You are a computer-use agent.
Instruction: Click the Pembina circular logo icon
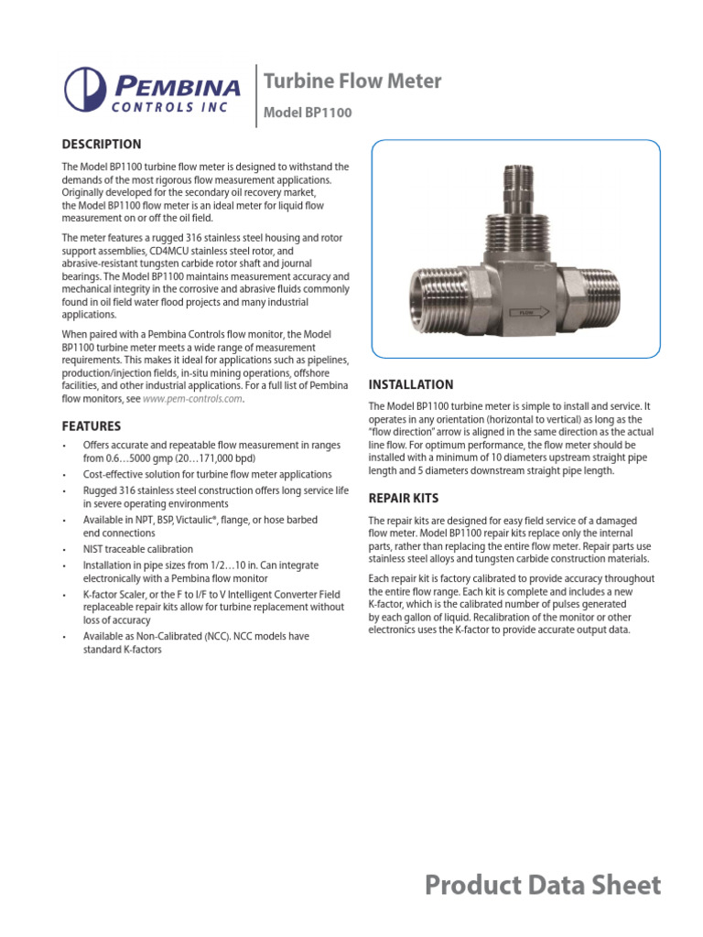point(85,90)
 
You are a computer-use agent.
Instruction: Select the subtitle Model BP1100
point(307,113)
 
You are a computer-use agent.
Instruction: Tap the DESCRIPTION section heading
point(101,144)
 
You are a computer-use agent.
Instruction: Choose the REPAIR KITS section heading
point(403,499)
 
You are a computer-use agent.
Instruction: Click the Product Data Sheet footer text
point(543,885)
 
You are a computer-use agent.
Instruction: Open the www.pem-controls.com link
point(193,399)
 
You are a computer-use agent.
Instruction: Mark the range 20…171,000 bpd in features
point(211,458)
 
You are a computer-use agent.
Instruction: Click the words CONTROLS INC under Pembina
point(176,105)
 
